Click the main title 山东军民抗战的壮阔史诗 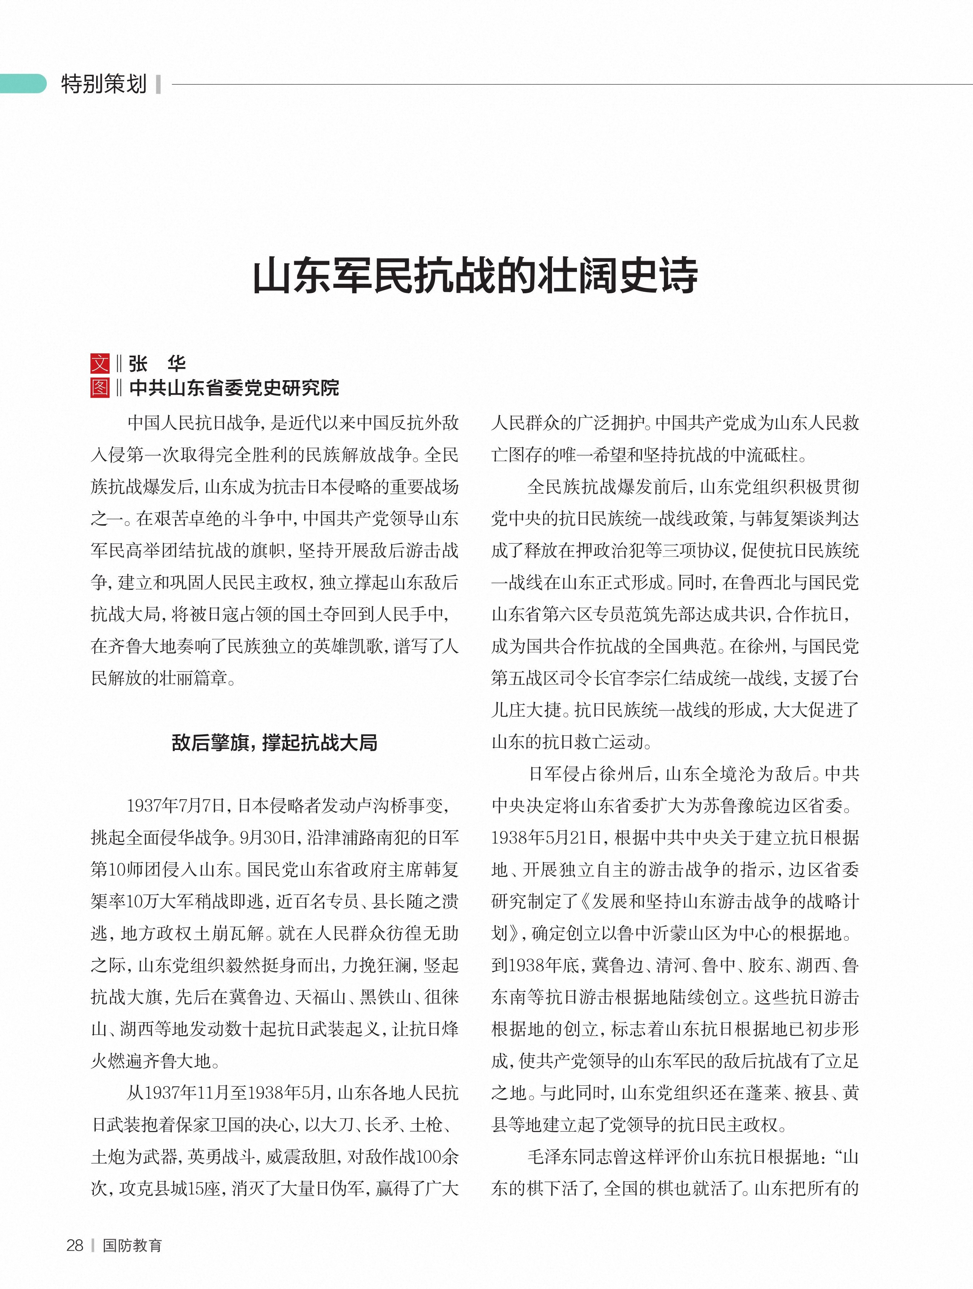475,276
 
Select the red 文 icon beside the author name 100,364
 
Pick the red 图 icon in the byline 100,387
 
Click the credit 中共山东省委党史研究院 234,387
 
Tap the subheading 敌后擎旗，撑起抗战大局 274,743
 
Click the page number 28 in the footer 75,1245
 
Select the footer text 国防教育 132,1245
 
